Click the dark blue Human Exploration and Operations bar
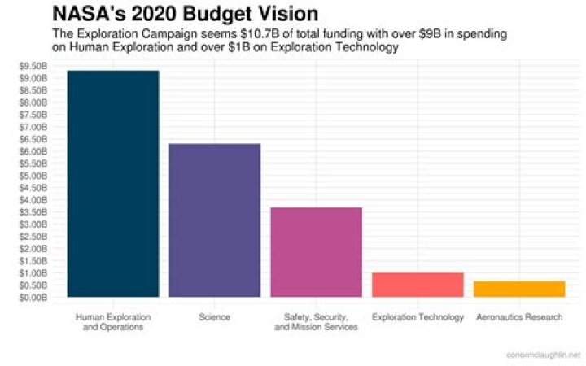coord(113,184)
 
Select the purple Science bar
coord(214,220)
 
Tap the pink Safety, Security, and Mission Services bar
coord(316,252)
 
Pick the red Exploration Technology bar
coord(418,285)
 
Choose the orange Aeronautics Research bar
coord(519,289)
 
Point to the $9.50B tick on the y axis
coord(33,66)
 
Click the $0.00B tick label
coord(33,298)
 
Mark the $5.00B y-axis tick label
coord(33,176)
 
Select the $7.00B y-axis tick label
coord(33,127)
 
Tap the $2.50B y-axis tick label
coord(33,237)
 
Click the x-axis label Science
coord(214,317)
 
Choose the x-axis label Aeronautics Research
coord(519,317)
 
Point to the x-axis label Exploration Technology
coord(418,317)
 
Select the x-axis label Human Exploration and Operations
coord(113,322)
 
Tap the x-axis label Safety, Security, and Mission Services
coord(316,322)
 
